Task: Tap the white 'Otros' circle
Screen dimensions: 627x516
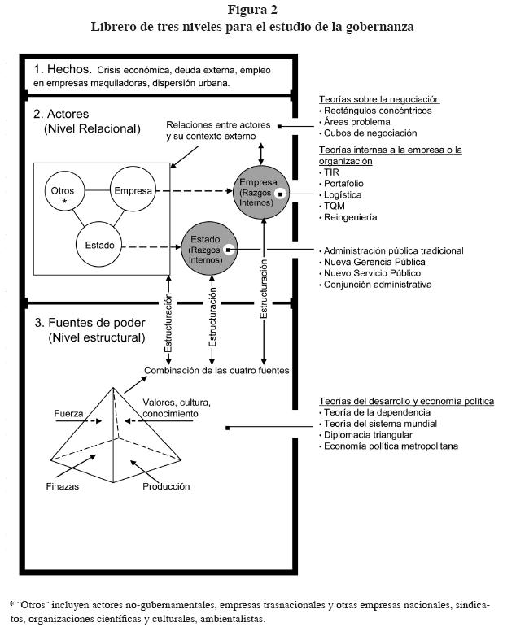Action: point(63,192)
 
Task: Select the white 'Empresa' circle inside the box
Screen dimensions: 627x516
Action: point(133,191)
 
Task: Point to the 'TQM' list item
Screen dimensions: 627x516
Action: point(335,207)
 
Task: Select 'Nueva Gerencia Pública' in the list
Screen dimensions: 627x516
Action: point(373,263)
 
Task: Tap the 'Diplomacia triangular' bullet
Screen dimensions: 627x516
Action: point(369,435)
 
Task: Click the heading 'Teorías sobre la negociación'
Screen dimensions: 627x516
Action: point(379,99)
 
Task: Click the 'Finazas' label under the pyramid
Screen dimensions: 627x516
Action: point(63,486)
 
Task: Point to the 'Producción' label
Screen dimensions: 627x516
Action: point(166,486)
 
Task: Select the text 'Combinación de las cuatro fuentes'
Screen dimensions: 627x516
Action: point(216,371)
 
